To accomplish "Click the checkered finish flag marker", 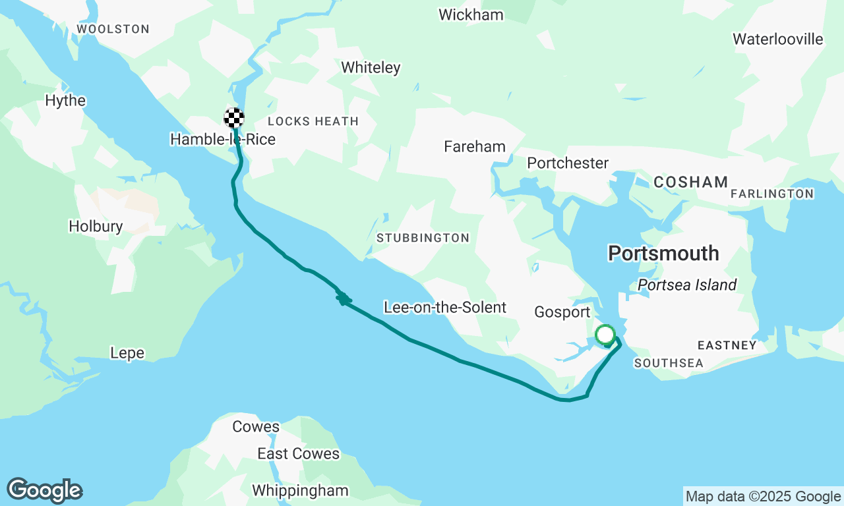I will pyautogui.click(x=234, y=118).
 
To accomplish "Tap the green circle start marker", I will pyautogui.click(x=605, y=335).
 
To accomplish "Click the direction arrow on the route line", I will pyautogui.click(x=342, y=298).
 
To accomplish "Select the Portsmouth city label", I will pyautogui.click(x=663, y=253).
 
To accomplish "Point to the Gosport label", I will pyautogui.click(x=561, y=312).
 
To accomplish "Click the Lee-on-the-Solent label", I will pyautogui.click(x=445, y=307).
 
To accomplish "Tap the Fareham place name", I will pyautogui.click(x=475, y=146).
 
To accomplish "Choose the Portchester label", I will pyautogui.click(x=568, y=163).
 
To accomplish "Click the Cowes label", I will pyautogui.click(x=256, y=427).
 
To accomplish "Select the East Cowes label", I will pyautogui.click(x=298, y=454).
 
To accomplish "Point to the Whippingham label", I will pyautogui.click(x=300, y=490).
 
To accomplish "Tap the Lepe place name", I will pyautogui.click(x=127, y=353).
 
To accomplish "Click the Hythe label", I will pyautogui.click(x=65, y=101).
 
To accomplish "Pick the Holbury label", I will pyautogui.click(x=96, y=227).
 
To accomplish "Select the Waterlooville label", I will pyautogui.click(x=778, y=39).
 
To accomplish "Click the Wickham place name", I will pyautogui.click(x=471, y=14).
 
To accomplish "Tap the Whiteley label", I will pyautogui.click(x=371, y=67).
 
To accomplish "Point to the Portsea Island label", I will pyautogui.click(x=687, y=285).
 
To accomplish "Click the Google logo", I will pyautogui.click(x=44, y=491).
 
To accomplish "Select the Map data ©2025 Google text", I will pyautogui.click(x=763, y=497).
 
